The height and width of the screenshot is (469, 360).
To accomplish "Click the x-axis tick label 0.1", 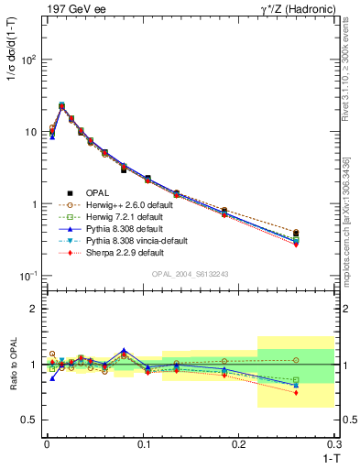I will tap(143, 443).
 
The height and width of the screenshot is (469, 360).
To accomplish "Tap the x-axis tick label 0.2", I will tap(239, 443).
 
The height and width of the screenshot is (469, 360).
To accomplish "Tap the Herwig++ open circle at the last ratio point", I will tap(296, 360).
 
